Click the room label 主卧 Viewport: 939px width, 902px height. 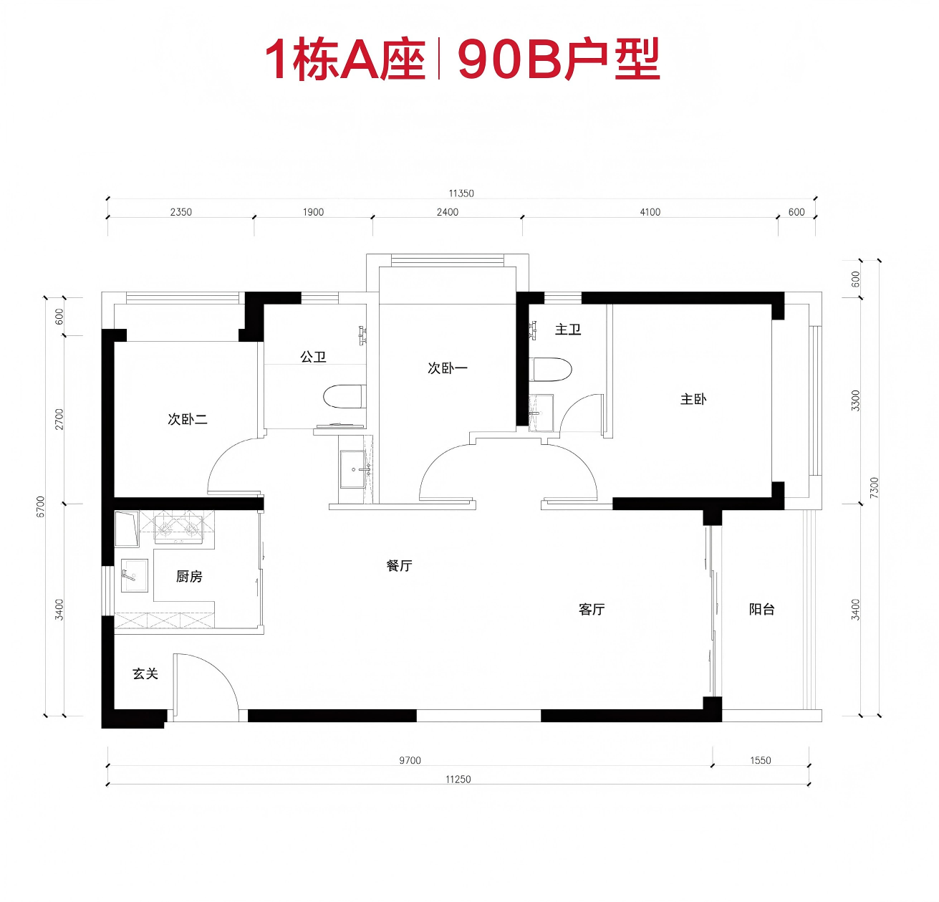click(693, 399)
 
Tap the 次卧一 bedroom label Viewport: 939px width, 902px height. click(448, 368)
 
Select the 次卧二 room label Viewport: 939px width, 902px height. click(188, 419)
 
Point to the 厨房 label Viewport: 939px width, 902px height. click(189, 576)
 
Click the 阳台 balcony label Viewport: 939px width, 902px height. click(762, 609)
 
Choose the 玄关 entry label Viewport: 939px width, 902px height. click(145, 673)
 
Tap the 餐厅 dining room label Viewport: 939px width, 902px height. click(400, 565)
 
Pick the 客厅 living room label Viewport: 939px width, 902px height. click(592, 609)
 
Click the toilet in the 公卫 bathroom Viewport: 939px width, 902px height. click(345, 397)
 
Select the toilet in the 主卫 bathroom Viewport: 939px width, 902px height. click(551, 370)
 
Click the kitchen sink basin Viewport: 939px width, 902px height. click(134, 575)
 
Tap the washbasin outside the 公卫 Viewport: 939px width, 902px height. click(354, 469)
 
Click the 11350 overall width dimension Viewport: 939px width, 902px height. click(461, 193)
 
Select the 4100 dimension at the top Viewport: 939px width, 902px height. click(650, 212)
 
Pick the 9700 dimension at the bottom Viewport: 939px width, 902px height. click(410, 761)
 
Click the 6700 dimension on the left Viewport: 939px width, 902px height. click(41, 507)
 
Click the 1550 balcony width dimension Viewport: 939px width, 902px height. click(761, 761)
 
